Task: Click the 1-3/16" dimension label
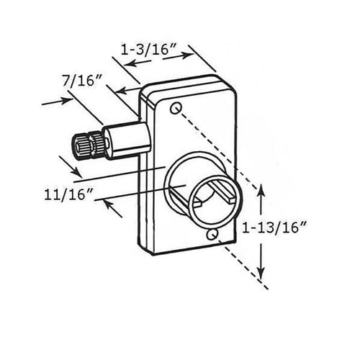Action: coord(149,50)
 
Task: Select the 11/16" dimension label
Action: coord(68,194)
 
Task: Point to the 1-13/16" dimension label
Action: coord(274,228)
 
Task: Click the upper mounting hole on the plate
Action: coord(176,108)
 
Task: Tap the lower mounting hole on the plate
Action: coord(212,235)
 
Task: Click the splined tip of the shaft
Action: coord(88,145)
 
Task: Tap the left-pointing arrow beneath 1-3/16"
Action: coord(138,63)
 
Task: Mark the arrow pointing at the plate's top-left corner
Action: coord(127,91)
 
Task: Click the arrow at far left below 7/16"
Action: coord(57,102)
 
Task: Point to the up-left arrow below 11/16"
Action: coord(112,209)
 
